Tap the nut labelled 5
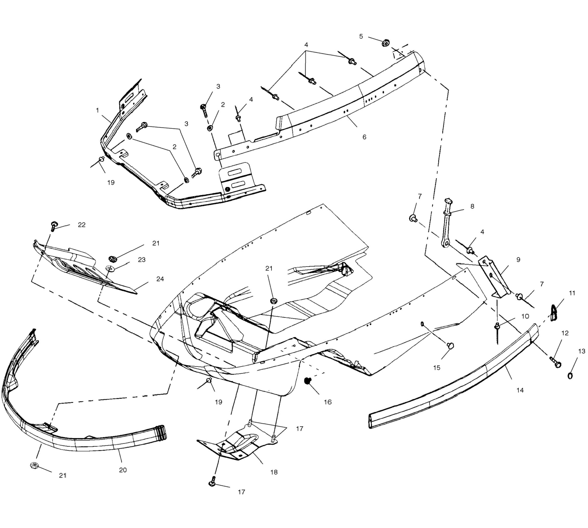click(x=386, y=43)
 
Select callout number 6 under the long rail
click(x=364, y=137)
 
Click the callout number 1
click(x=97, y=110)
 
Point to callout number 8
click(x=472, y=206)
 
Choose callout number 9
click(x=518, y=260)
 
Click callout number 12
click(x=565, y=333)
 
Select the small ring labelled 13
click(x=570, y=376)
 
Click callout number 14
click(x=520, y=390)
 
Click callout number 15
click(x=437, y=368)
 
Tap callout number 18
click(x=274, y=472)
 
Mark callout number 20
click(x=123, y=470)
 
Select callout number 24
click(x=160, y=279)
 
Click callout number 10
click(x=525, y=316)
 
